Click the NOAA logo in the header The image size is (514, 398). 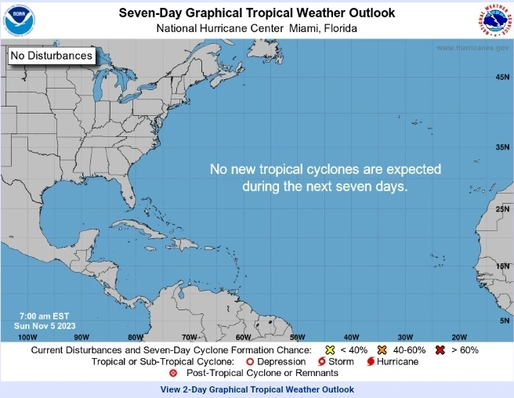20,20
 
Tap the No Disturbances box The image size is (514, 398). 52,56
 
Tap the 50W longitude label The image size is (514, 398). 297,337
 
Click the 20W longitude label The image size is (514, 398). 459,337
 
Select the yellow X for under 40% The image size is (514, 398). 331,349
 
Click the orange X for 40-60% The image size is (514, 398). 382,349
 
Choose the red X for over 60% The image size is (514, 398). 440,349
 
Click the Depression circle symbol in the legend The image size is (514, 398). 249,362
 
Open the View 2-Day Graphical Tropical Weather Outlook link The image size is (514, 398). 257,389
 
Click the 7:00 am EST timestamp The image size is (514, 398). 42,316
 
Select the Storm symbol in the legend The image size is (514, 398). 321,362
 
